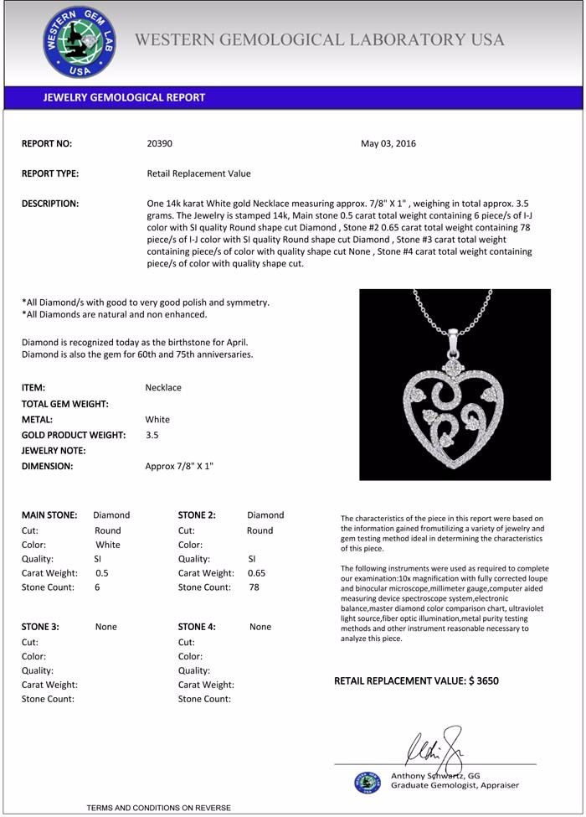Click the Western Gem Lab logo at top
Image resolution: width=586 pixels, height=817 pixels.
click(80, 41)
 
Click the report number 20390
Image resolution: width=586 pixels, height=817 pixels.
click(159, 143)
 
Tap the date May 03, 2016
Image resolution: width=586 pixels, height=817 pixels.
click(388, 143)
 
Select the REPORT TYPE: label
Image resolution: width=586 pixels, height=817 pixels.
click(50, 173)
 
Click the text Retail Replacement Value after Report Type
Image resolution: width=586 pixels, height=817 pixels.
click(198, 173)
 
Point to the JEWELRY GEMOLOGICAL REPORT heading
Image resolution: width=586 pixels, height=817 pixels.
click(124, 97)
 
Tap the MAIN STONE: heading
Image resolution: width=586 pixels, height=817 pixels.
click(49, 515)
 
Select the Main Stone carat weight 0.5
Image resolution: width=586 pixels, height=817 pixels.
click(102, 573)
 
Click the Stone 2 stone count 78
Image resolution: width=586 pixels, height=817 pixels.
click(254, 587)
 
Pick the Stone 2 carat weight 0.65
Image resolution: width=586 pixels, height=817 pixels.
click(256, 573)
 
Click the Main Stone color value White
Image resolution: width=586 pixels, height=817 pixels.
click(109, 545)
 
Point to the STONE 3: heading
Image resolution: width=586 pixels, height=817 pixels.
click(40, 627)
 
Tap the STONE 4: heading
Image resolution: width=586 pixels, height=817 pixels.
click(197, 627)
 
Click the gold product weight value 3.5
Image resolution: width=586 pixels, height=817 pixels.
click(152, 435)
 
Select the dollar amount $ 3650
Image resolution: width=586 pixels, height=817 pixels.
click(484, 681)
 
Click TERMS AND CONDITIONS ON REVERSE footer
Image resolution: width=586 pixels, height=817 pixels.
click(158, 808)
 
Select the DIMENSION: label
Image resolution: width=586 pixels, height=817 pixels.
click(47, 466)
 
